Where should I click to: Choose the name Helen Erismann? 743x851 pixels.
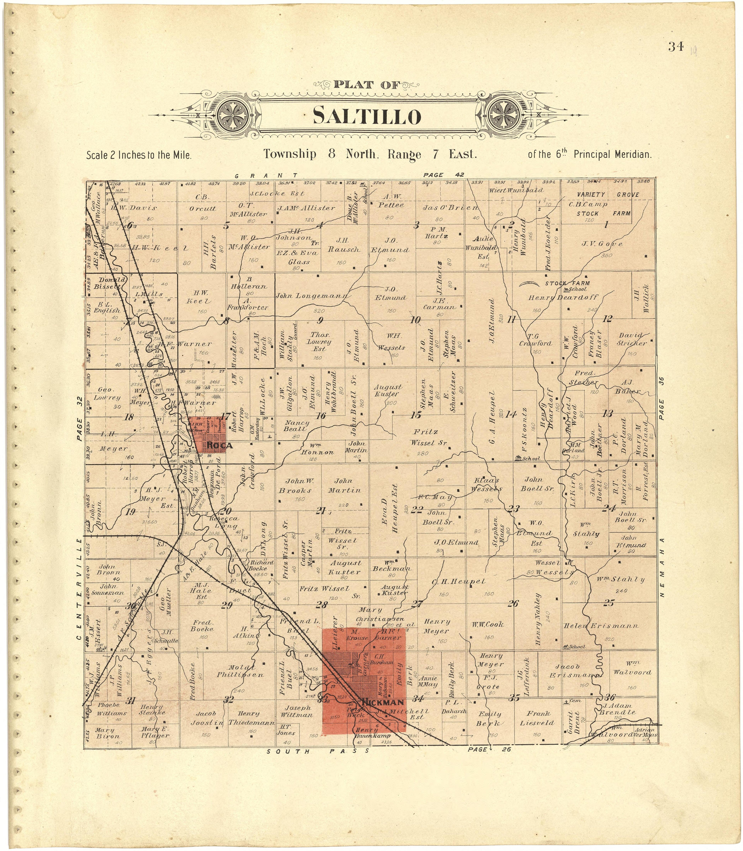coord(601,626)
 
